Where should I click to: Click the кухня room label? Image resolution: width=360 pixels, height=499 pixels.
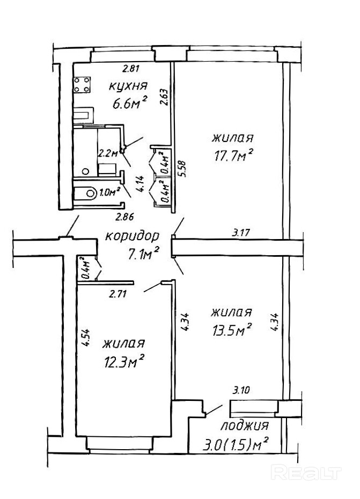[128, 86]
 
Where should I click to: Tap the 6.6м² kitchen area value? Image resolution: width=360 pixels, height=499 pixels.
[129, 102]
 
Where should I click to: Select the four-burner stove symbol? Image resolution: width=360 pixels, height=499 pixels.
[82, 84]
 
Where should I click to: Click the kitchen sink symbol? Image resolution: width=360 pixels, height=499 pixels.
[84, 115]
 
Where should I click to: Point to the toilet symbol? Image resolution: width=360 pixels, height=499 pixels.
[85, 193]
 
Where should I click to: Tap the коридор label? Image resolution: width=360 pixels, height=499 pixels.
[132, 237]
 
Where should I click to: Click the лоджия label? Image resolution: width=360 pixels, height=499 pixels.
[245, 426]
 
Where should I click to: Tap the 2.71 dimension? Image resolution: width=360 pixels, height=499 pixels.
[118, 293]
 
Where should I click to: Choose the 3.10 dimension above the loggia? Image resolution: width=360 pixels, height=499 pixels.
[241, 390]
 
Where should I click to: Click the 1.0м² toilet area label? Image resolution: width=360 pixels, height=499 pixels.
[109, 192]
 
